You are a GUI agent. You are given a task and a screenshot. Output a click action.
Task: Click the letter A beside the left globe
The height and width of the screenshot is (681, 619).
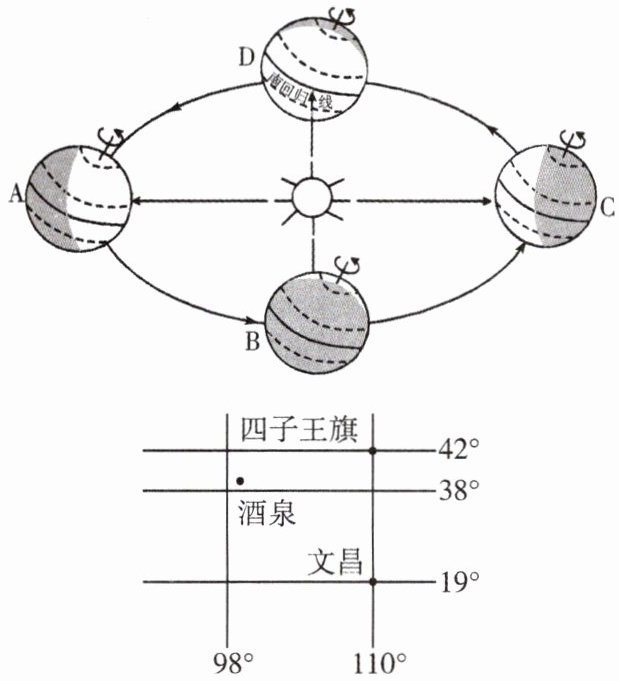pos(16,197)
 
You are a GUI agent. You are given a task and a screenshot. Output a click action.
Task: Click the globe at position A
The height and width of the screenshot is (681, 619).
pos(78,197)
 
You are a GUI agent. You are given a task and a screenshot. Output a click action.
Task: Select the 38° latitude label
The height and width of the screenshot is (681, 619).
pos(460,490)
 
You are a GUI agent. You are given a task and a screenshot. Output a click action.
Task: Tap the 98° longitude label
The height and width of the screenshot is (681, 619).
pos(240,663)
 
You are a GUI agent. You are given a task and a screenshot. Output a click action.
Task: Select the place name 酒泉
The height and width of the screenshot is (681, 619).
pos(268,513)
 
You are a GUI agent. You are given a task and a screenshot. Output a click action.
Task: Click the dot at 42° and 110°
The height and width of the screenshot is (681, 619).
pos(373,451)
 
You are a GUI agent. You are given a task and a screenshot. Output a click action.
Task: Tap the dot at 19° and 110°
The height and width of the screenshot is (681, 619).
pos(373,581)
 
